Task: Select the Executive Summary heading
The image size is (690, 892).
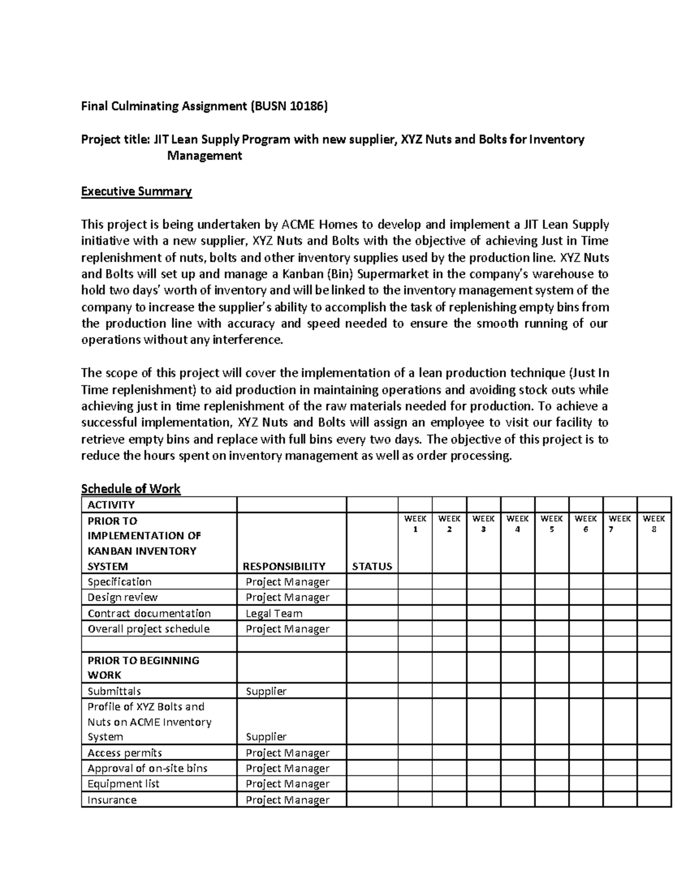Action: coord(136,191)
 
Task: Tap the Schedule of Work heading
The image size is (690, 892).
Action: coord(131,489)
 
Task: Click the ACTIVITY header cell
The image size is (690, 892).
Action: coord(111,505)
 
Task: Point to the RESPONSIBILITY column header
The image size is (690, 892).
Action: coord(285,566)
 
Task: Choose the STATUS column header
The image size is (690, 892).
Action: coord(371,566)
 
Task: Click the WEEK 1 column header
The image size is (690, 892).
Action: coord(415,523)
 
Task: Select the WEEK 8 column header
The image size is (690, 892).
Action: coord(654,523)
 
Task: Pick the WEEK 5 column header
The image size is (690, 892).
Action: coord(551,523)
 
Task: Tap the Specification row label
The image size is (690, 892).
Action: coord(120,582)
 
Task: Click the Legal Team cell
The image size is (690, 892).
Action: coord(274,613)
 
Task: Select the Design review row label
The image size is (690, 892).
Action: coord(122,597)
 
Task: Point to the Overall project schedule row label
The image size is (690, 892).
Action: coord(148,629)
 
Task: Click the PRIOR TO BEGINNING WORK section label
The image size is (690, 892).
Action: coord(143,667)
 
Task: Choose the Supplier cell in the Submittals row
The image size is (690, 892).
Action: coord(266,691)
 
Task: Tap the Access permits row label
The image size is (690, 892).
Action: coord(125,753)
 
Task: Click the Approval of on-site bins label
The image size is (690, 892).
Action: coord(147,769)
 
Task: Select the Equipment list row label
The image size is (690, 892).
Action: coord(123,784)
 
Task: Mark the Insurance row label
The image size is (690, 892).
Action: coord(112,800)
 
